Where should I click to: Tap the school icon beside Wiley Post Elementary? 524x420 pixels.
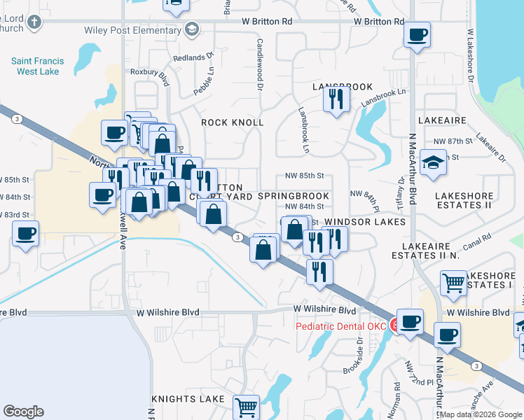(x=191, y=29)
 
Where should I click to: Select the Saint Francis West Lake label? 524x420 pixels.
(x=37, y=66)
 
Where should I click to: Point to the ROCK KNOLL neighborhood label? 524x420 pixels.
(x=233, y=122)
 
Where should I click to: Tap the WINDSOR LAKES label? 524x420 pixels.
(x=365, y=222)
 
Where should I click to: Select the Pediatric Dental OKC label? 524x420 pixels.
(x=341, y=326)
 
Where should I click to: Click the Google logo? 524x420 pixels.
(x=23, y=412)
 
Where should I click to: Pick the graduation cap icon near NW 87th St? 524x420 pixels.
(x=434, y=164)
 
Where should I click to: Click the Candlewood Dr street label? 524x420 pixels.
(x=259, y=64)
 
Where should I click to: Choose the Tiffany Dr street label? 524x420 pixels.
(x=401, y=192)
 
